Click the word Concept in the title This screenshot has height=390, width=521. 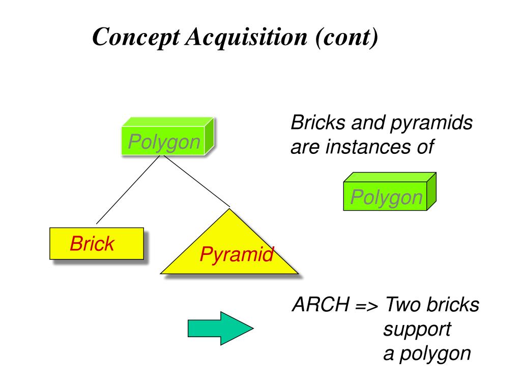136,37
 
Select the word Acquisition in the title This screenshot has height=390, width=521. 246,37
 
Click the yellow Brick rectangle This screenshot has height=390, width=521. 97,243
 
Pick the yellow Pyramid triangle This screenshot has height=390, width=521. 229,245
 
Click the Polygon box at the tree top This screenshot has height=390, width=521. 168,136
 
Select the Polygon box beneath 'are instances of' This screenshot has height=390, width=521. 390,191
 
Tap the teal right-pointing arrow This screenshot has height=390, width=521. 221,329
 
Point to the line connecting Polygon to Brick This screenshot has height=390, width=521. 128,190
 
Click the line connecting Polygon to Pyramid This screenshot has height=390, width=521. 197,181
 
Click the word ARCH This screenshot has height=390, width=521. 321,304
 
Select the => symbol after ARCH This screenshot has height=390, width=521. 366,306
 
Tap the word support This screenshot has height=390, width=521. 417,329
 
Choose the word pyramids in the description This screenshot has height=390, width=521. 431,123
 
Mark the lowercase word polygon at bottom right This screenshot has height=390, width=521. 436,354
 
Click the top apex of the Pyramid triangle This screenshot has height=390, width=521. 229,209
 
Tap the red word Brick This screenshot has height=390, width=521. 92,243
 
